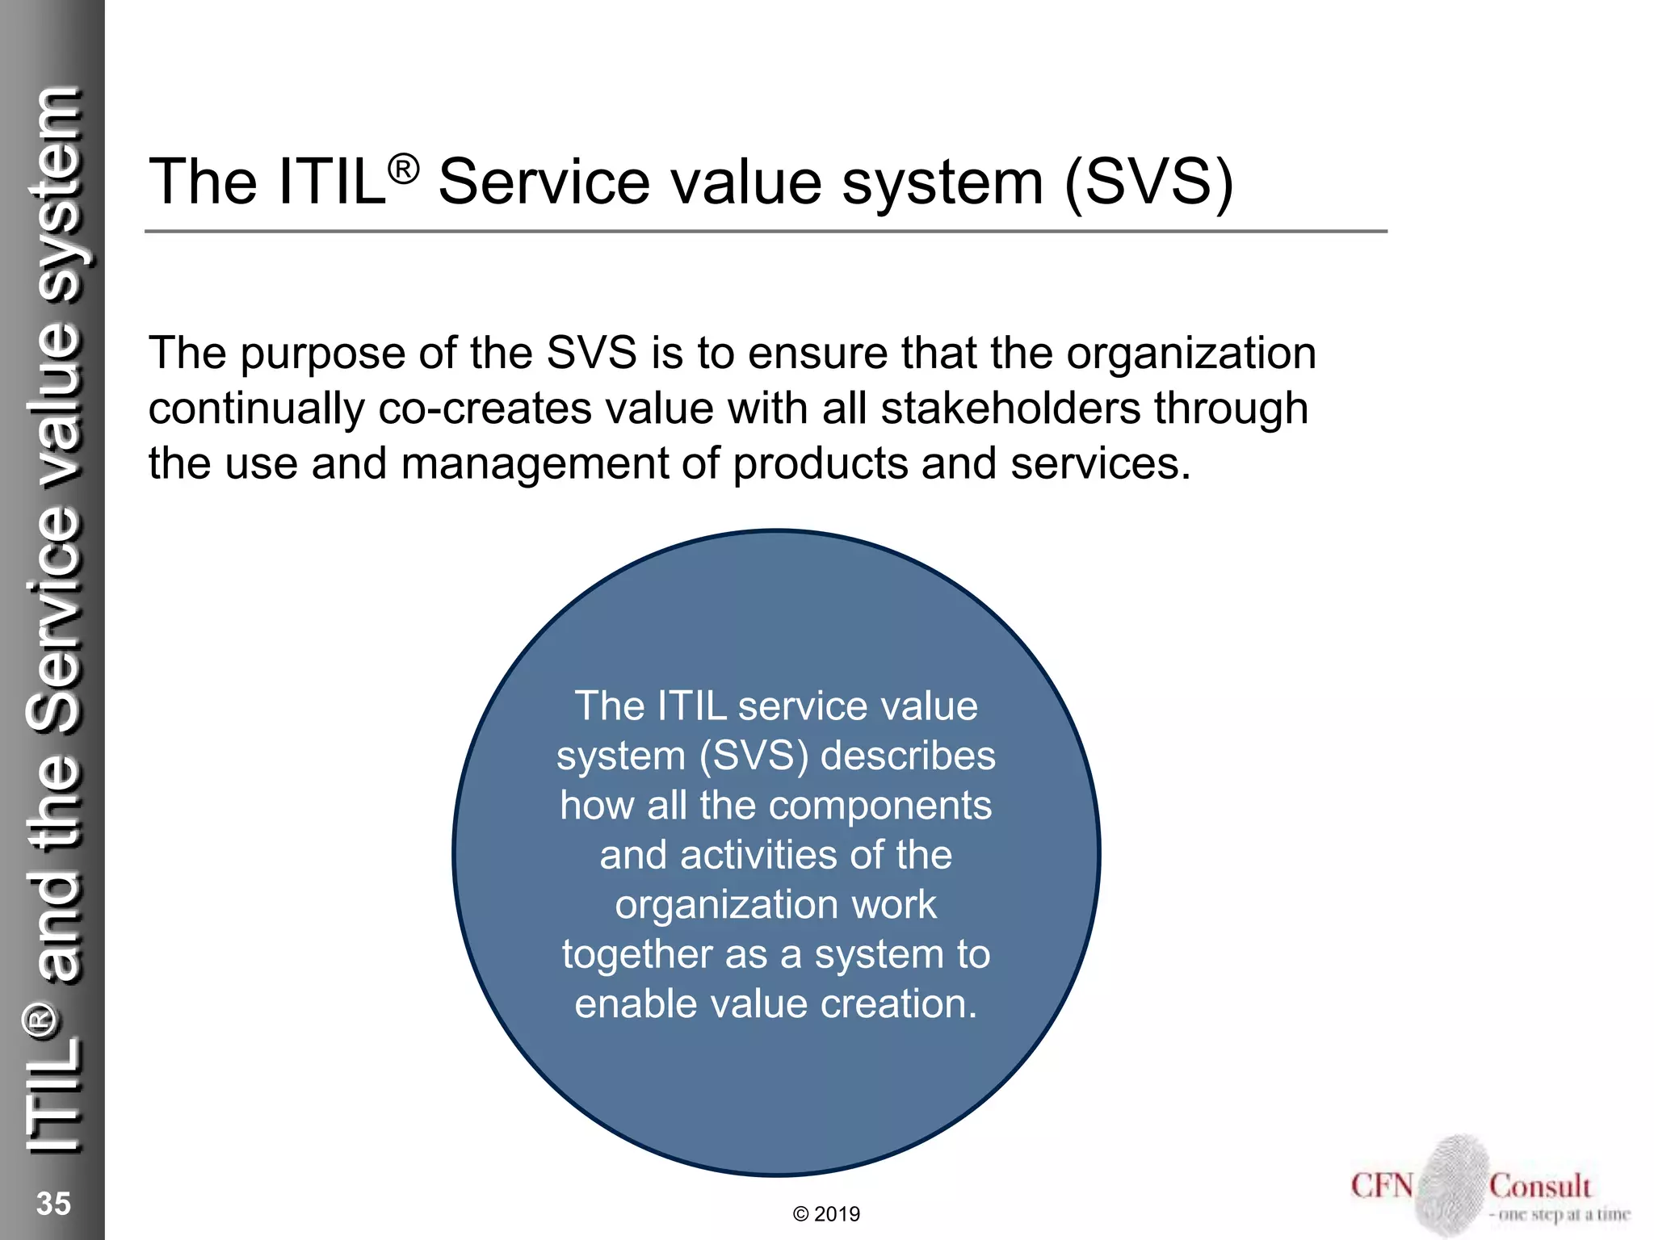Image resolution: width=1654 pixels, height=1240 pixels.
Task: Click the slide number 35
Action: pos(53,1203)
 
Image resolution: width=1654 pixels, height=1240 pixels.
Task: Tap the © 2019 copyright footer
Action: pos(826,1214)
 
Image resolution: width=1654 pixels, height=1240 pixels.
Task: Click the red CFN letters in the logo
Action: pos(1382,1186)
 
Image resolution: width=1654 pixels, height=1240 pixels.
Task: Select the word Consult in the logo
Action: pos(1540,1186)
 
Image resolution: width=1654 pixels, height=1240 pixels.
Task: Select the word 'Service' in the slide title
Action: pos(544,182)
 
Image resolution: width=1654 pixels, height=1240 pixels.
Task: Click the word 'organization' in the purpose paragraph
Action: pos(1191,354)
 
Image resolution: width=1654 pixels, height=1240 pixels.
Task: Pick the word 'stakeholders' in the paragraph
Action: pos(1010,408)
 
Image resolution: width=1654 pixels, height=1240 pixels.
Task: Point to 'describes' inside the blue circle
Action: pos(908,756)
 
